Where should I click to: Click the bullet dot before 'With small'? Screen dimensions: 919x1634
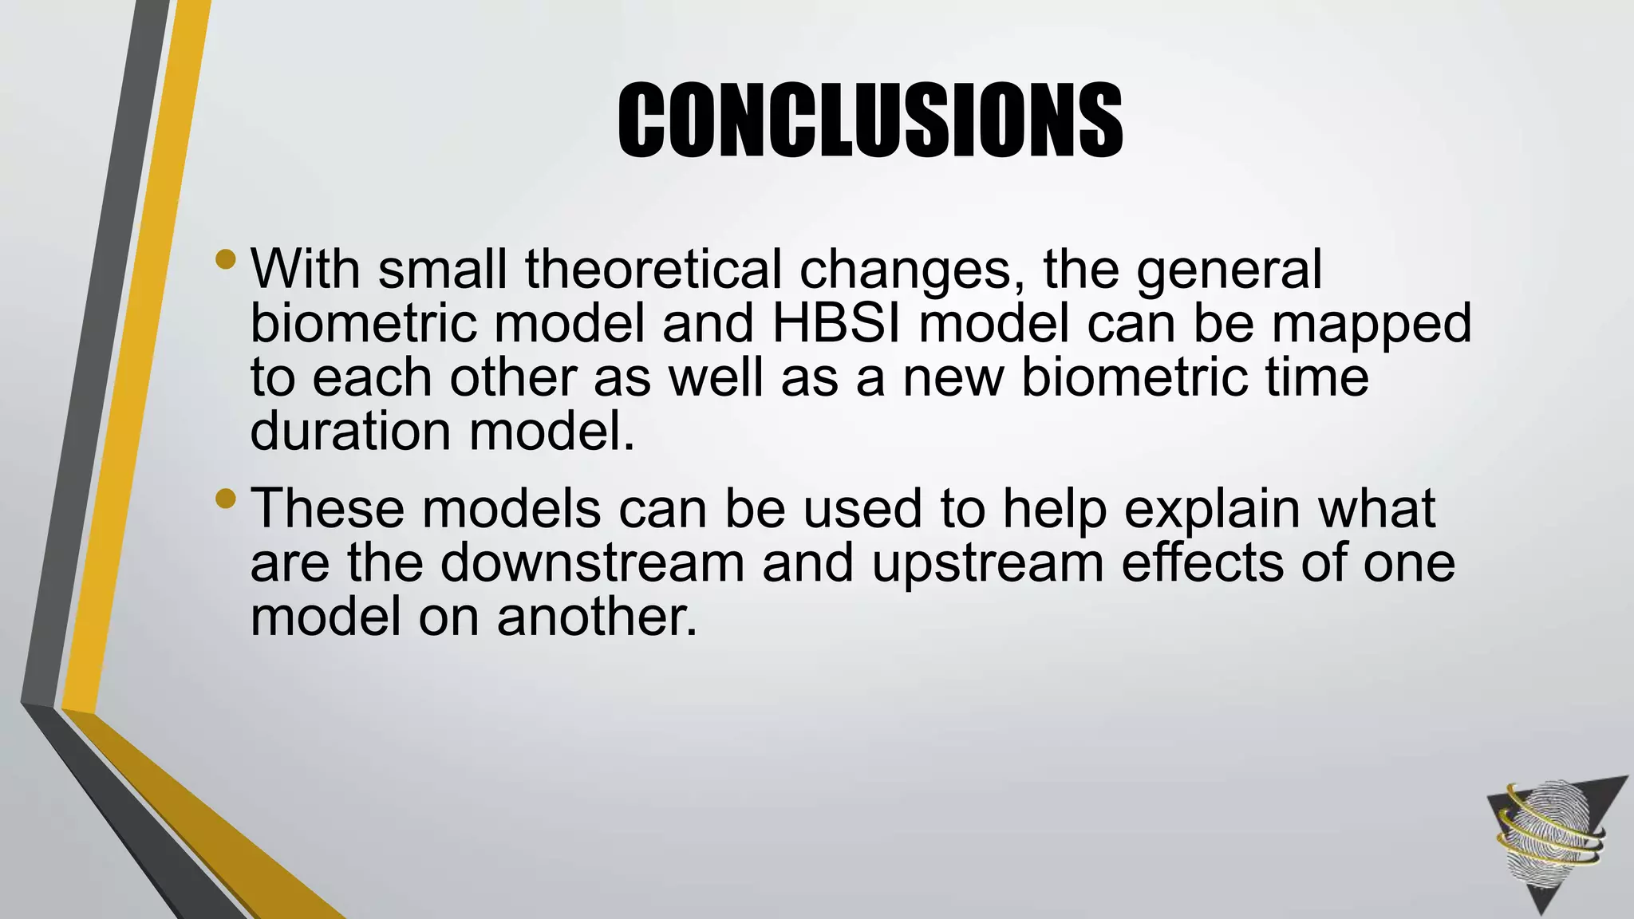pyautogui.click(x=226, y=259)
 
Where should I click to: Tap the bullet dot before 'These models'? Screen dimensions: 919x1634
pyautogui.click(x=226, y=499)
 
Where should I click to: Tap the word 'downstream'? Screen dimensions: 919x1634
pyautogui.click(x=591, y=562)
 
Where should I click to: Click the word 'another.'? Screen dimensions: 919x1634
pyautogui.click(x=597, y=617)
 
